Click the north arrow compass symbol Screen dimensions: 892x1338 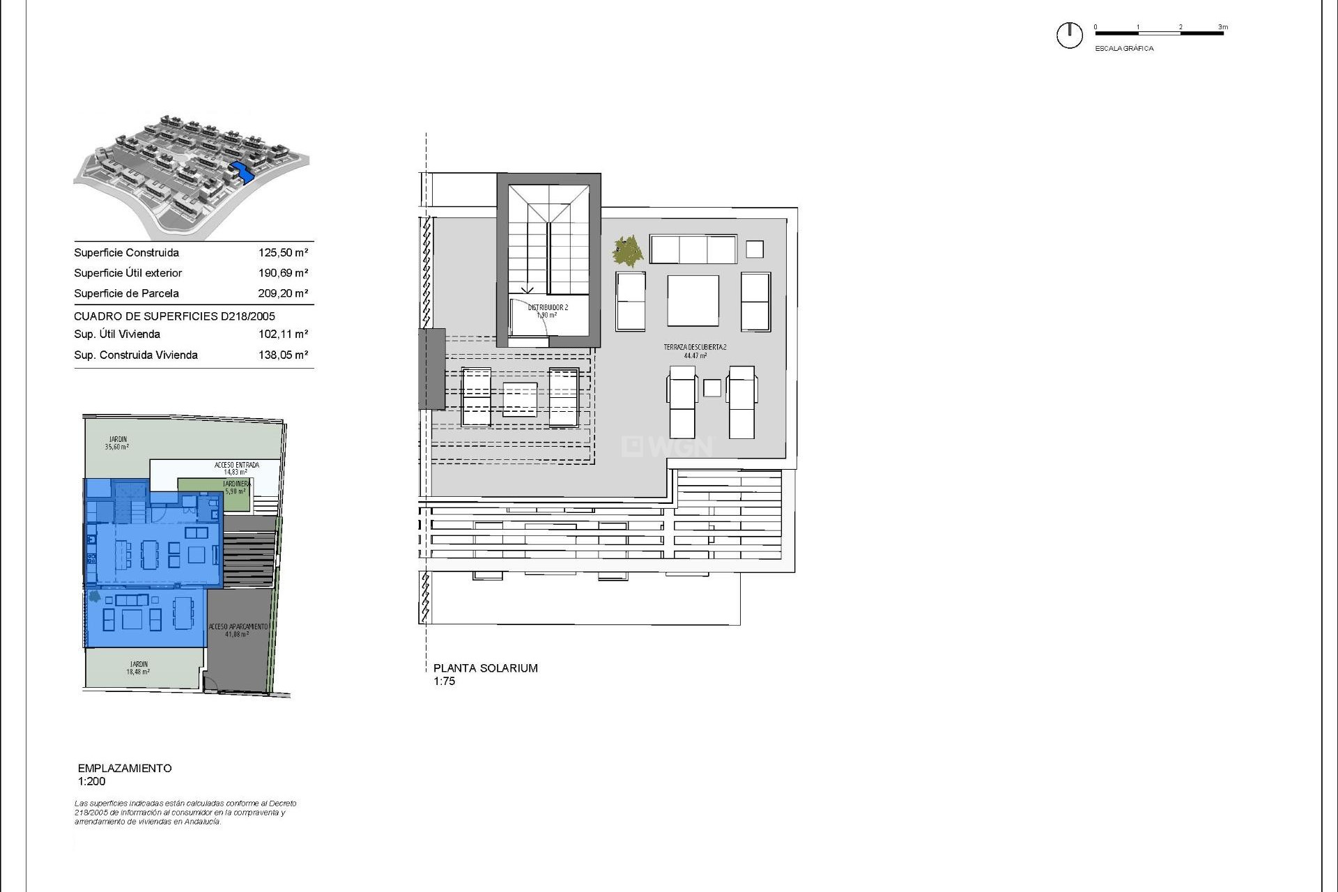click(x=1069, y=35)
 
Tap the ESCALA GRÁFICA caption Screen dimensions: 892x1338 click(x=1124, y=49)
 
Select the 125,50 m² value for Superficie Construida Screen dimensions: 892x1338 click(x=283, y=253)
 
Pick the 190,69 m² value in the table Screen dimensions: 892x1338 click(x=283, y=273)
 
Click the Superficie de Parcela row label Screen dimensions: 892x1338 click(x=126, y=293)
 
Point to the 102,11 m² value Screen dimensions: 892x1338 click(x=283, y=334)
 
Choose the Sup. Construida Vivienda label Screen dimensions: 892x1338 click(x=136, y=355)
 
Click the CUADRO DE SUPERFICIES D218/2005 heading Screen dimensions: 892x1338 click(x=174, y=316)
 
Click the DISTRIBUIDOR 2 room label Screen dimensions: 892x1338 click(x=548, y=307)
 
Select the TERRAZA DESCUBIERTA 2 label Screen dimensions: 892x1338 click(x=695, y=347)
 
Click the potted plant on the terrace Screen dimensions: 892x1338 click(x=628, y=251)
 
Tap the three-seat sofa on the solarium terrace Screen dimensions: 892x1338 click(x=693, y=249)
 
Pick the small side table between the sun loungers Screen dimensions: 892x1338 click(x=712, y=388)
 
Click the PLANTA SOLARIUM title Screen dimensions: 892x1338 click(x=486, y=668)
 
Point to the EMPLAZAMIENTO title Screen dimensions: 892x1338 click(x=125, y=768)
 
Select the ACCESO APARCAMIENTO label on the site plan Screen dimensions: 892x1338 click(x=238, y=627)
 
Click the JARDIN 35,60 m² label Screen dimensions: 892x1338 click(x=118, y=443)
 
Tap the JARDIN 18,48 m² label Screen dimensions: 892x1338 click(x=139, y=668)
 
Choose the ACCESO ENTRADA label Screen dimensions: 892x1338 click(x=236, y=465)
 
